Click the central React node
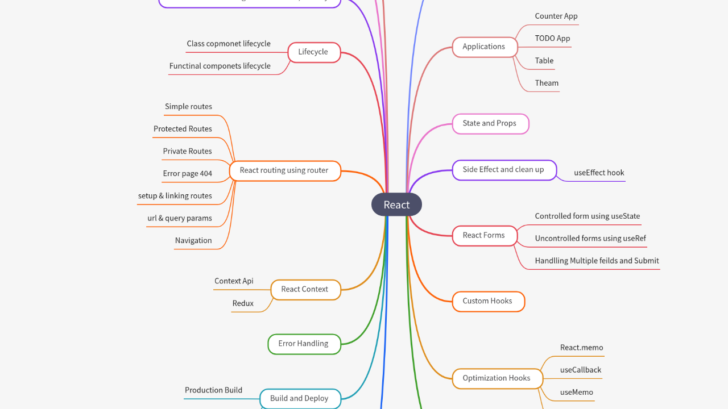coord(396,204)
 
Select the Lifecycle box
coord(313,52)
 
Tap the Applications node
coord(484,47)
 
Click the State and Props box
coord(490,123)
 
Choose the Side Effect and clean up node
coord(503,170)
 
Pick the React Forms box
coord(484,235)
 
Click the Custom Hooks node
coord(487,301)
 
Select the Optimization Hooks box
coord(497,378)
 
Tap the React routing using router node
coord(284,170)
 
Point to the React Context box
coord(305,289)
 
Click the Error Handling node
coord(304,344)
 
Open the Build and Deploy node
coord(300,398)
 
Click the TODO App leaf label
coord(552,39)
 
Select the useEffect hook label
coord(599,173)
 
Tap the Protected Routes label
coord(183,129)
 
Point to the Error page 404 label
coord(188,174)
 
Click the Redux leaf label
coord(243,303)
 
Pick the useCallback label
coord(581,370)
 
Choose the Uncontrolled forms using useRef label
coord(590,239)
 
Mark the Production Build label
coord(213,390)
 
